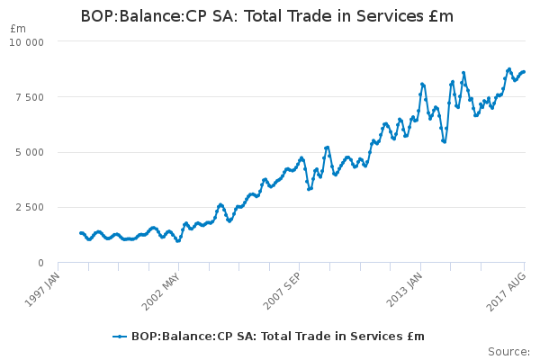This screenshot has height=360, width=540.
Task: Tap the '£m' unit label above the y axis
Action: pos(18,29)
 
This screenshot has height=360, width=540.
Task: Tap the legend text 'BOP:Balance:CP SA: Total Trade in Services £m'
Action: pos(278,337)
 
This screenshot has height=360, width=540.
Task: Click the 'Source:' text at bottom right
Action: pos(508,351)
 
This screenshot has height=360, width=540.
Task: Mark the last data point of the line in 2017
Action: pos(524,72)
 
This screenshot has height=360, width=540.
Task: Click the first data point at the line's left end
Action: pos(81,233)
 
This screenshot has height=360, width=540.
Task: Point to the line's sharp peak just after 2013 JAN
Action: pos(422,84)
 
